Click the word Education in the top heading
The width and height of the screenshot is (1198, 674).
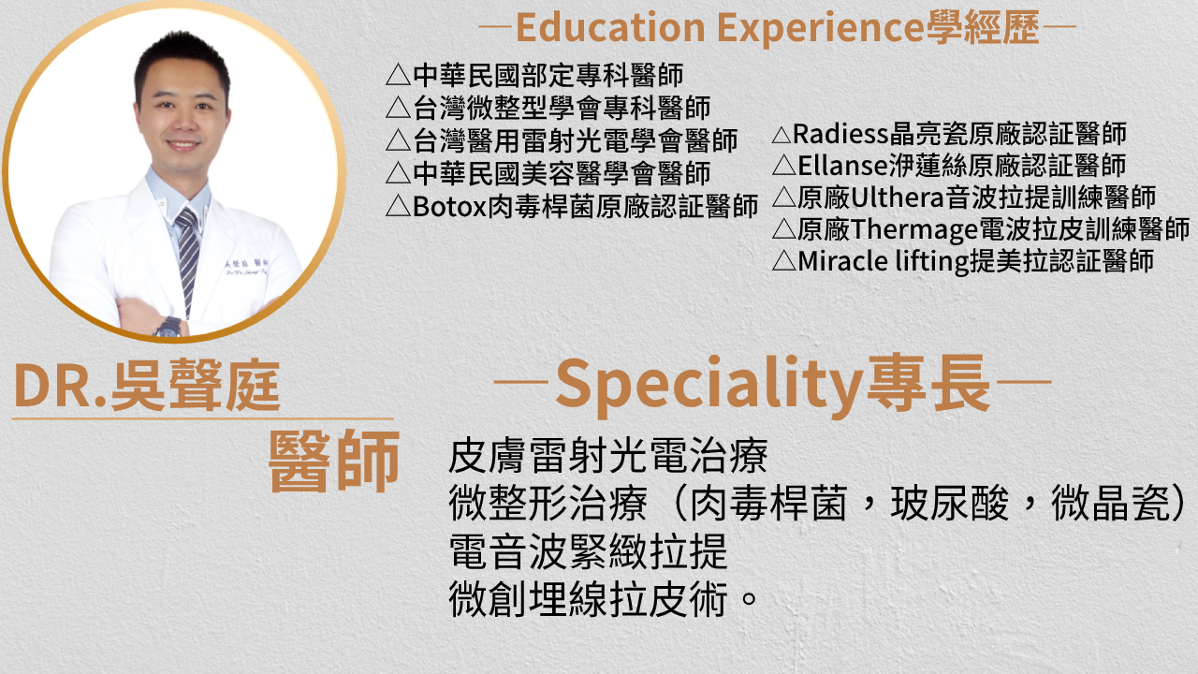point(611,27)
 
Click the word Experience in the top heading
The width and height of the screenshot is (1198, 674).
point(821,29)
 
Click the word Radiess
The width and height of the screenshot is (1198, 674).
point(840,134)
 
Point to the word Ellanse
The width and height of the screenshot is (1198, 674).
point(843,166)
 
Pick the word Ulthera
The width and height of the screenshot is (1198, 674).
point(897,198)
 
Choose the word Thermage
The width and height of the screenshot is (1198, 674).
point(914,230)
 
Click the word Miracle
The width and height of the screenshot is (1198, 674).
point(842,261)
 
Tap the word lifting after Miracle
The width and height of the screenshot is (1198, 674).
point(932,262)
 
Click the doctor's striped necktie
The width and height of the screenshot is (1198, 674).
point(188,256)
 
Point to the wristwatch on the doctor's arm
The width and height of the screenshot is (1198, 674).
point(168,328)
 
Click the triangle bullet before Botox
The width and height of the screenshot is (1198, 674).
point(398,207)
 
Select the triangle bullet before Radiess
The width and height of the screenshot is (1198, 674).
point(782,135)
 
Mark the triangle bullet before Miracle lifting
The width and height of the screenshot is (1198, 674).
point(784,261)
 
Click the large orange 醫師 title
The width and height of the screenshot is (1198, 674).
point(334,462)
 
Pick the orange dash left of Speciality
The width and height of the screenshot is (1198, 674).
point(521,383)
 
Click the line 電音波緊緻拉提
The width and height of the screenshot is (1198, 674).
point(589,551)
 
